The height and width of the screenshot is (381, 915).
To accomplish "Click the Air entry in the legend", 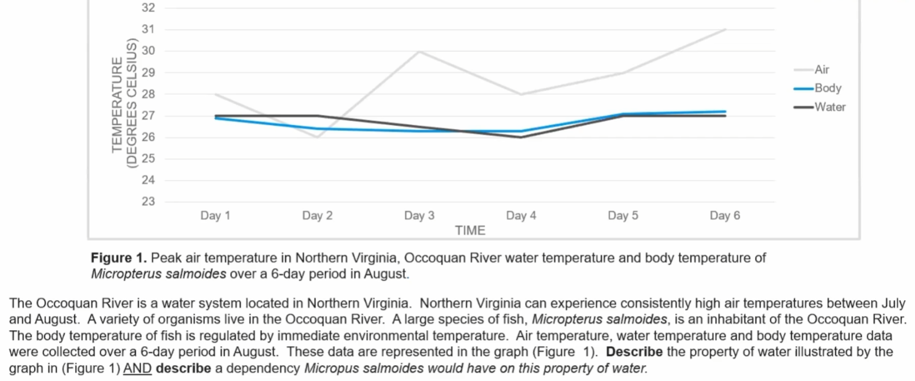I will click(821, 69).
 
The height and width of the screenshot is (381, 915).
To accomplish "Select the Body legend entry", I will click(827, 88).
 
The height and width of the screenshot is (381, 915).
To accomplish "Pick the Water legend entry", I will click(830, 107).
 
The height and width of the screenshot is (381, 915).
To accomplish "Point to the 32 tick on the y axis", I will click(148, 8).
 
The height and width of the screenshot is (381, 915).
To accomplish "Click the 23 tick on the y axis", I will click(148, 202).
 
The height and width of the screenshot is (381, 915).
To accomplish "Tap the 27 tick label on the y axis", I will click(148, 116).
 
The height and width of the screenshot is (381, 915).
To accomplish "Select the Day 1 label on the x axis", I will click(215, 216).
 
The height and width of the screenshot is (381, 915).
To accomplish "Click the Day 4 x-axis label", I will click(521, 216).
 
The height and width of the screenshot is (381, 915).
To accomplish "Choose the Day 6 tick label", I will click(725, 216).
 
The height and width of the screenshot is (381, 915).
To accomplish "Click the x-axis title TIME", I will click(470, 231).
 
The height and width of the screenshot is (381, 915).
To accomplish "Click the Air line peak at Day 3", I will click(420, 51).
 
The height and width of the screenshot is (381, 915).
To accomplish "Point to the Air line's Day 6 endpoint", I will click(725, 29).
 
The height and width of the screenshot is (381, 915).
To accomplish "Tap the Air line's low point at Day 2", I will click(317, 137).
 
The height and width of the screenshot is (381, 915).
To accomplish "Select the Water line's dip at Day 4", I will click(521, 137).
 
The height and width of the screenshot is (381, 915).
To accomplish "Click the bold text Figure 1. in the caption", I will click(118, 258).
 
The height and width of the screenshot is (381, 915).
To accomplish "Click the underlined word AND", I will click(137, 368).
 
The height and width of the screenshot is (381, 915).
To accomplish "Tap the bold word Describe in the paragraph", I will click(634, 352).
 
